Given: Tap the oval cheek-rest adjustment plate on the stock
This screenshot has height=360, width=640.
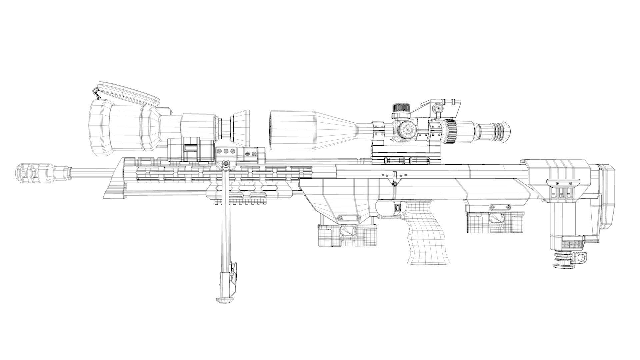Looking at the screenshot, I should pyautogui.click(x=563, y=182).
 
